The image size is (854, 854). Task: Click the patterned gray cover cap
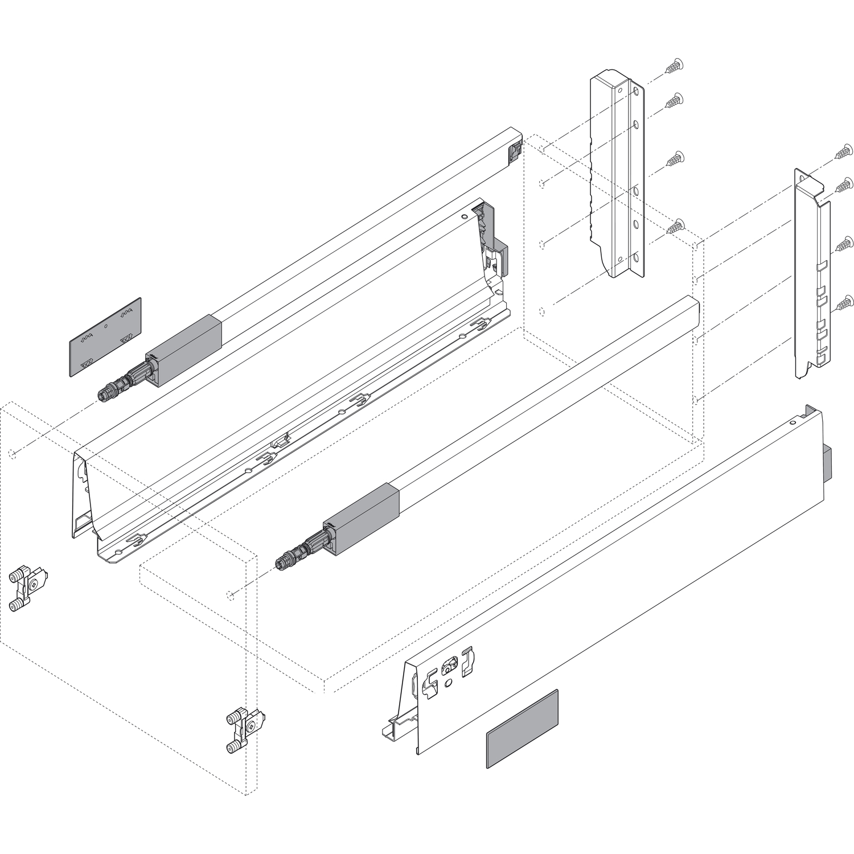105,336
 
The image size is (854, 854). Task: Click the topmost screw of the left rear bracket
674,67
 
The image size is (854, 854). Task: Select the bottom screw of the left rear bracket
674,226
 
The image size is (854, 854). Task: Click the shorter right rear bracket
812,273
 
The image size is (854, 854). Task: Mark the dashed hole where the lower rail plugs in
229,596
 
